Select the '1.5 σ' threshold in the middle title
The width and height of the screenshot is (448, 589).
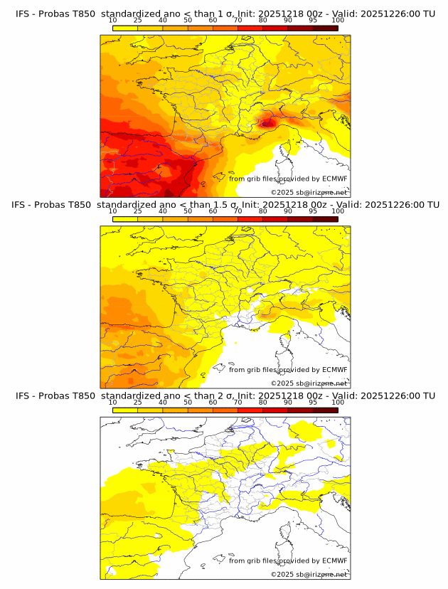point(224,205)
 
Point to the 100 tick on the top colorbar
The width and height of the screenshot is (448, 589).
point(338,20)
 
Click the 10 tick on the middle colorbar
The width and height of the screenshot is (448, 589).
point(113,211)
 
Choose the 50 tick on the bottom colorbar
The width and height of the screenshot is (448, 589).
point(188,402)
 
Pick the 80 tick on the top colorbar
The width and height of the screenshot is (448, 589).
point(263,20)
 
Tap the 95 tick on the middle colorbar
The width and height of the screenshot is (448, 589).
point(313,211)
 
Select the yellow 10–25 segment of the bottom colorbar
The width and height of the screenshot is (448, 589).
point(125,410)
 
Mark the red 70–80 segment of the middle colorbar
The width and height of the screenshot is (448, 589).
point(250,219)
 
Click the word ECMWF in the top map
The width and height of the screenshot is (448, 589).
point(334,179)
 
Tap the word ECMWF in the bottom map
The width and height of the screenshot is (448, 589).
point(334,561)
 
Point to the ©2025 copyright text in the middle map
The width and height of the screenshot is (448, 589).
point(309,383)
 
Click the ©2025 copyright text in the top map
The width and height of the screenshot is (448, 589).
point(309,193)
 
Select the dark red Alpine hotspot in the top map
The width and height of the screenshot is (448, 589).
point(267,122)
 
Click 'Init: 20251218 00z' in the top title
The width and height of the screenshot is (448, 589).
point(283,14)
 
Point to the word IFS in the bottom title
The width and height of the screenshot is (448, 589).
point(23,396)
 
